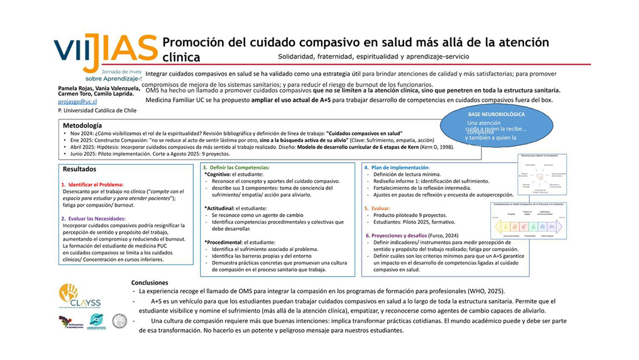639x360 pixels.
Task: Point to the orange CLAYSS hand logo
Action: pyautogui.click(x=69, y=292)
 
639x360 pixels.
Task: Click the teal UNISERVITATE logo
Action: pyautogui.click(x=95, y=322)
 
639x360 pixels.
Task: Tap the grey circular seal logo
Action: pyautogui.click(x=120, y=321)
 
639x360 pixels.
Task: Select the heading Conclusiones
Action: pyautogui.click(x=150, y=283)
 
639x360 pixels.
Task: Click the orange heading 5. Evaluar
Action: pyautogui.click(x=379, y=208)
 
